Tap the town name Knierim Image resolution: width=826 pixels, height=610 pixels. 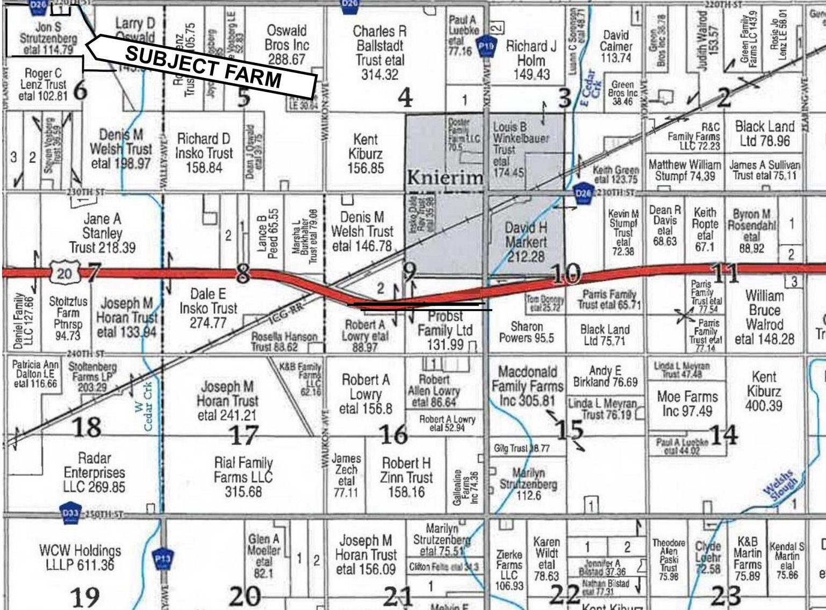coord(445,177)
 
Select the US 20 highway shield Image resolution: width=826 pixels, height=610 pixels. coord(64,274)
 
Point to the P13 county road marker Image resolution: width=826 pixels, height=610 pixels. coord(163,559)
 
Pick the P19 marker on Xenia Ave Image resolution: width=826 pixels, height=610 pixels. coord(486,47)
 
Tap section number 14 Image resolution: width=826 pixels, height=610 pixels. coord(723,434)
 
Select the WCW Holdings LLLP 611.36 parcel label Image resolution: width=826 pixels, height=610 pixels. coord(80,558)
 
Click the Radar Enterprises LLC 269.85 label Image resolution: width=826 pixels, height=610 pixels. coord(94,473)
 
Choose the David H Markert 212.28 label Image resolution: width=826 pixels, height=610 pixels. coord(526,242)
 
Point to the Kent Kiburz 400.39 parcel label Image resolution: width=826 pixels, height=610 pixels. coord(764,391)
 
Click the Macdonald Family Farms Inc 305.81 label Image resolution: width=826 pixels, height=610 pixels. coord(527,386)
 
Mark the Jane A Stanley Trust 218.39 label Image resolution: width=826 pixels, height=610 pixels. coord(102,233)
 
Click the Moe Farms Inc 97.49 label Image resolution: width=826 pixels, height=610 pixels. coord(687,404)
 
